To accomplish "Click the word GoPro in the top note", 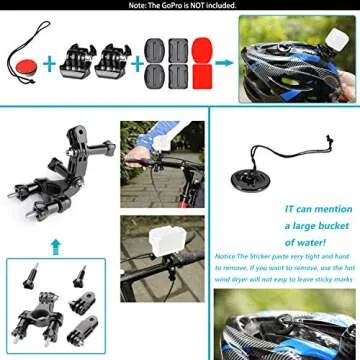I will pos(173,5).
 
